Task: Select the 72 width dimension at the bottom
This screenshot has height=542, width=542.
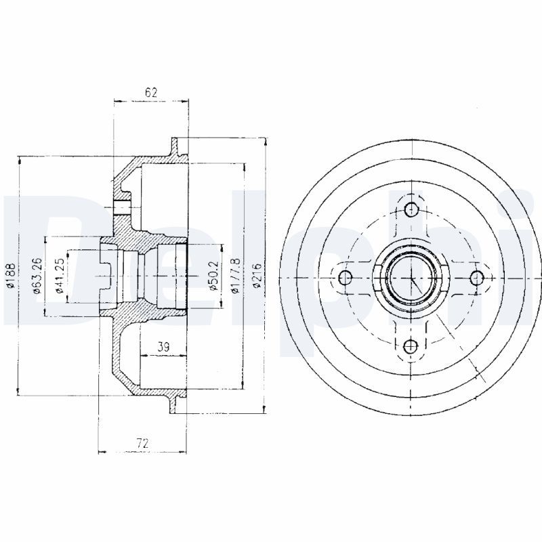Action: [142, 444]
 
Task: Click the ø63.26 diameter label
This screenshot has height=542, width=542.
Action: [37, 276]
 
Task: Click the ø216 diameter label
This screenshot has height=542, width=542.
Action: [257, 276]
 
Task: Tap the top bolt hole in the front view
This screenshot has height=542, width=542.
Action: [411, 209]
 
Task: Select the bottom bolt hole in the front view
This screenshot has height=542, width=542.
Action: [410, 346]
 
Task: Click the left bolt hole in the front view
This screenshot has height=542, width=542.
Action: [345, 277]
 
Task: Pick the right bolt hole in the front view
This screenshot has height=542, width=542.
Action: [476, 277]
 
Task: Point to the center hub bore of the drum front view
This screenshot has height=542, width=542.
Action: [410, 277]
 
